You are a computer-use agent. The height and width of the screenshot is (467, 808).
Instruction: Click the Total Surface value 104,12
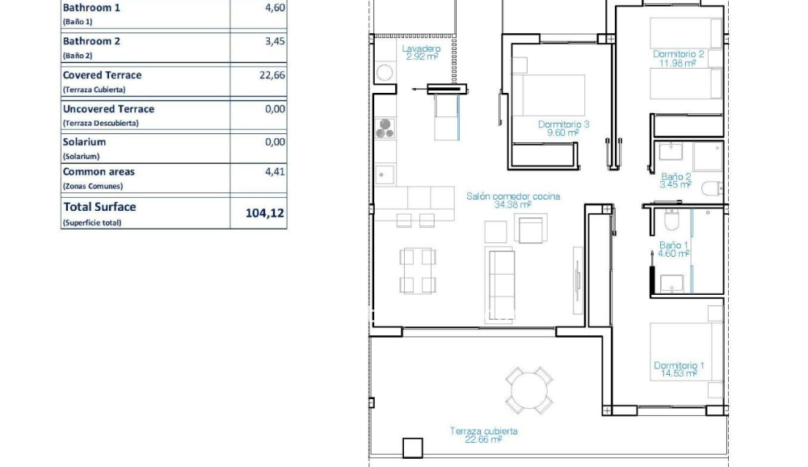(x=265, y=214)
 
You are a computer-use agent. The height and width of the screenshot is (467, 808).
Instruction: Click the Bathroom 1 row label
(x=91, y=8)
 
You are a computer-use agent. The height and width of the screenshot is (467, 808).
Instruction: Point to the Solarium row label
(x=84, y=141)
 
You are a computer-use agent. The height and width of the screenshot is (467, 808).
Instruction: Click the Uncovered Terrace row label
(x=108, y=109)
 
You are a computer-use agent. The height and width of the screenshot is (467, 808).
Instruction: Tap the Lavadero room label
(x=421, y=53)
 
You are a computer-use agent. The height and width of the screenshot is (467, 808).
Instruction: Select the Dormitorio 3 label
(x=563, y=128)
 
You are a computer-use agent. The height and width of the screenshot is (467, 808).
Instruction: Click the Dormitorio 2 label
(x=678, y=58)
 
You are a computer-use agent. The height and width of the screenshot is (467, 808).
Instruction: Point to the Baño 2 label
(x=675, y=180)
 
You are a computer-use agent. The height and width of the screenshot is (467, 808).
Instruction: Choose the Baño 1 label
(x=673, y=249)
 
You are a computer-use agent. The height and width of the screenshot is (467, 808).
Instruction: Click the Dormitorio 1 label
(x=678, y=369)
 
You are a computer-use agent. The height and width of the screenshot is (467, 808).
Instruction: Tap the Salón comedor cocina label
(x=512, y=200)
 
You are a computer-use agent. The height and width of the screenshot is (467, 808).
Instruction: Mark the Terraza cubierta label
(x=483, y=435)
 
